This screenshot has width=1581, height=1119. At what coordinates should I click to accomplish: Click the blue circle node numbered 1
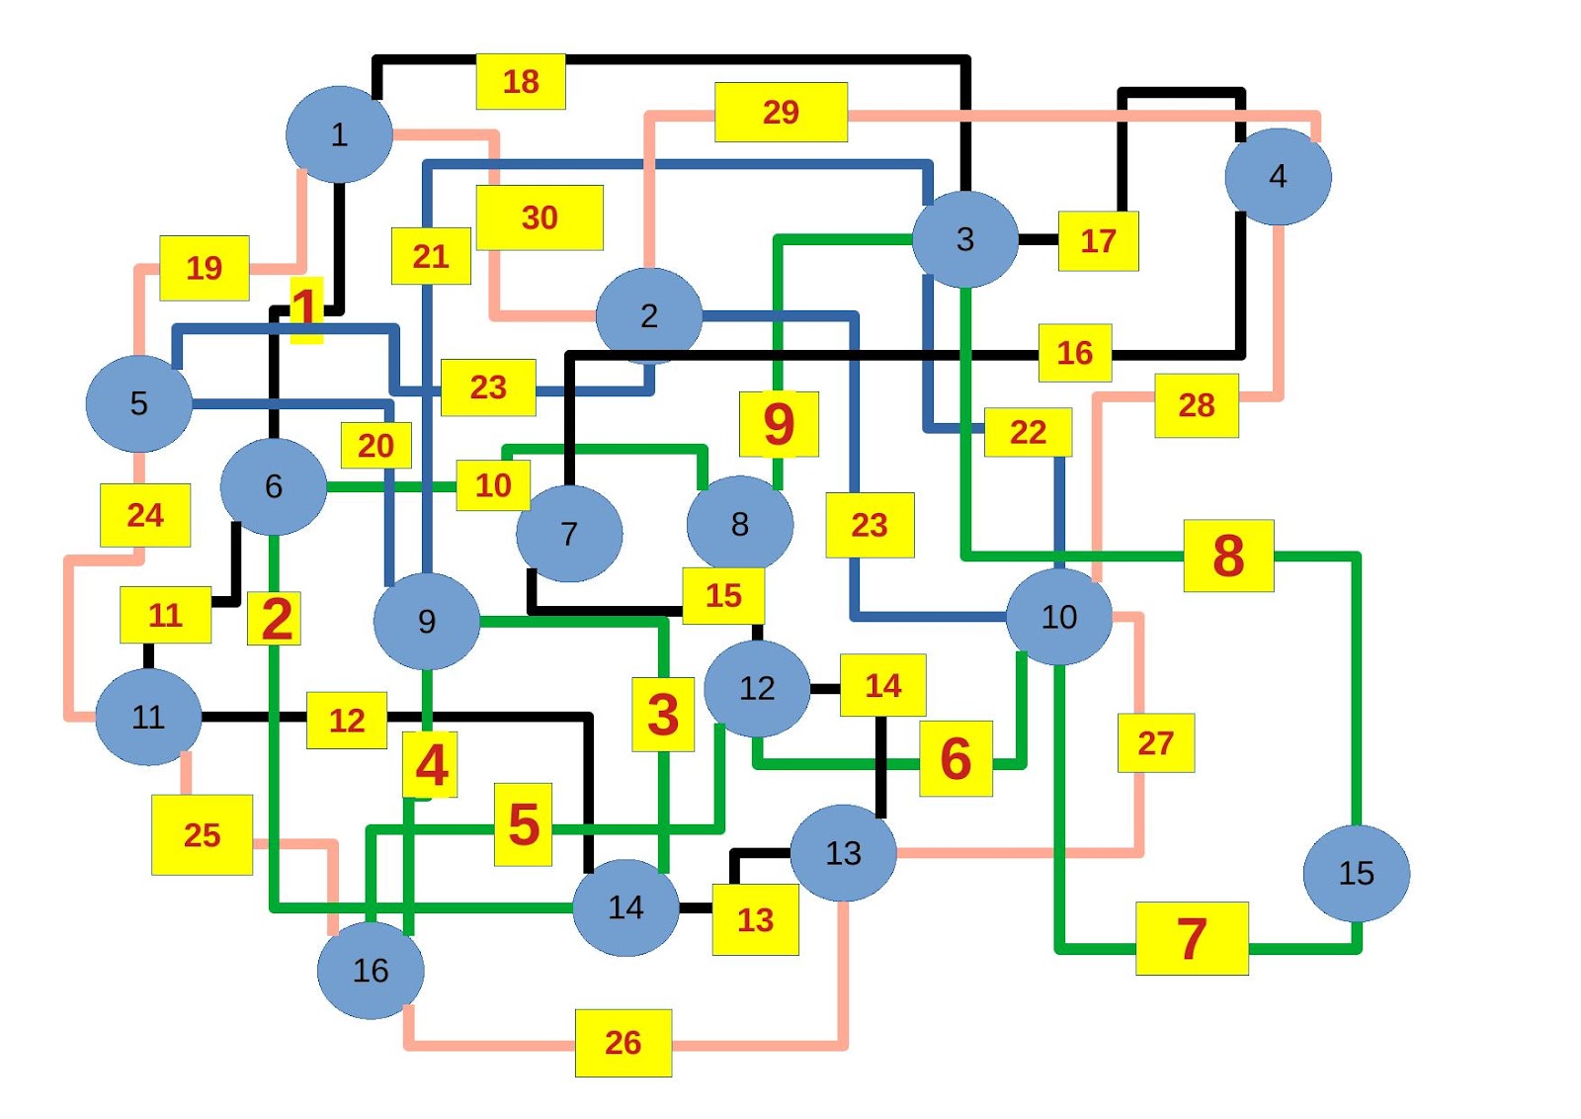pos(339,134)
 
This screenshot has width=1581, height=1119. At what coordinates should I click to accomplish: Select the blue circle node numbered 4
pos(1278,177)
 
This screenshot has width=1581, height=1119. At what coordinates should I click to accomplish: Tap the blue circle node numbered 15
pos(1356,873)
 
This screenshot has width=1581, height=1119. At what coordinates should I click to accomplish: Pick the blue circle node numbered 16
pos(371,971)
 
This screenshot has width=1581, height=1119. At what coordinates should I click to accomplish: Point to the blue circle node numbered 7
pos(569,534)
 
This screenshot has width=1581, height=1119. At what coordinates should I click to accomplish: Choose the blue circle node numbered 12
pos(757,688)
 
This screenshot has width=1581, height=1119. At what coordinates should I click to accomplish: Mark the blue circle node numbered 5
pos(138,403)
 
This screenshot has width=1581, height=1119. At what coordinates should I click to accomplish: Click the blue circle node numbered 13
pos(843,853)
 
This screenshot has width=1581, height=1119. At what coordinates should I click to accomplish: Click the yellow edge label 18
pos(521,81)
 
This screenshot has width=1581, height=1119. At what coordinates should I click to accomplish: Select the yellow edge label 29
pos(781,112)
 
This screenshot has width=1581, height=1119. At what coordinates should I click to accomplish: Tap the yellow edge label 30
pos(540,217)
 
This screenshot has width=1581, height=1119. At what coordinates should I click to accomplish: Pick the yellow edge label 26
pos(624,1043)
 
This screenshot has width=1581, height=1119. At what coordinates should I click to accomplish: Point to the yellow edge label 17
pos(1098,240)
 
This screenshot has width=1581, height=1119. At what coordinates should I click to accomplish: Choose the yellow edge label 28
pos(1196,405)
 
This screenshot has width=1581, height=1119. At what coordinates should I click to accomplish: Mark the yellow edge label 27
pos(1155,742)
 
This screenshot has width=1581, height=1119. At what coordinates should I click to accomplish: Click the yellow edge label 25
pos(202,835)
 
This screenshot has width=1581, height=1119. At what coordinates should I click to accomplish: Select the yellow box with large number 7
pos(1192,938)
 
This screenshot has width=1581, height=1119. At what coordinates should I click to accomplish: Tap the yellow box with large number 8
pos(1228,556)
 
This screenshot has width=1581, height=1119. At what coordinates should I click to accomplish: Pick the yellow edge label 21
pos(431,256)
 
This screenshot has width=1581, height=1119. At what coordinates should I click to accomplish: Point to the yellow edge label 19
pos(205,268)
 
